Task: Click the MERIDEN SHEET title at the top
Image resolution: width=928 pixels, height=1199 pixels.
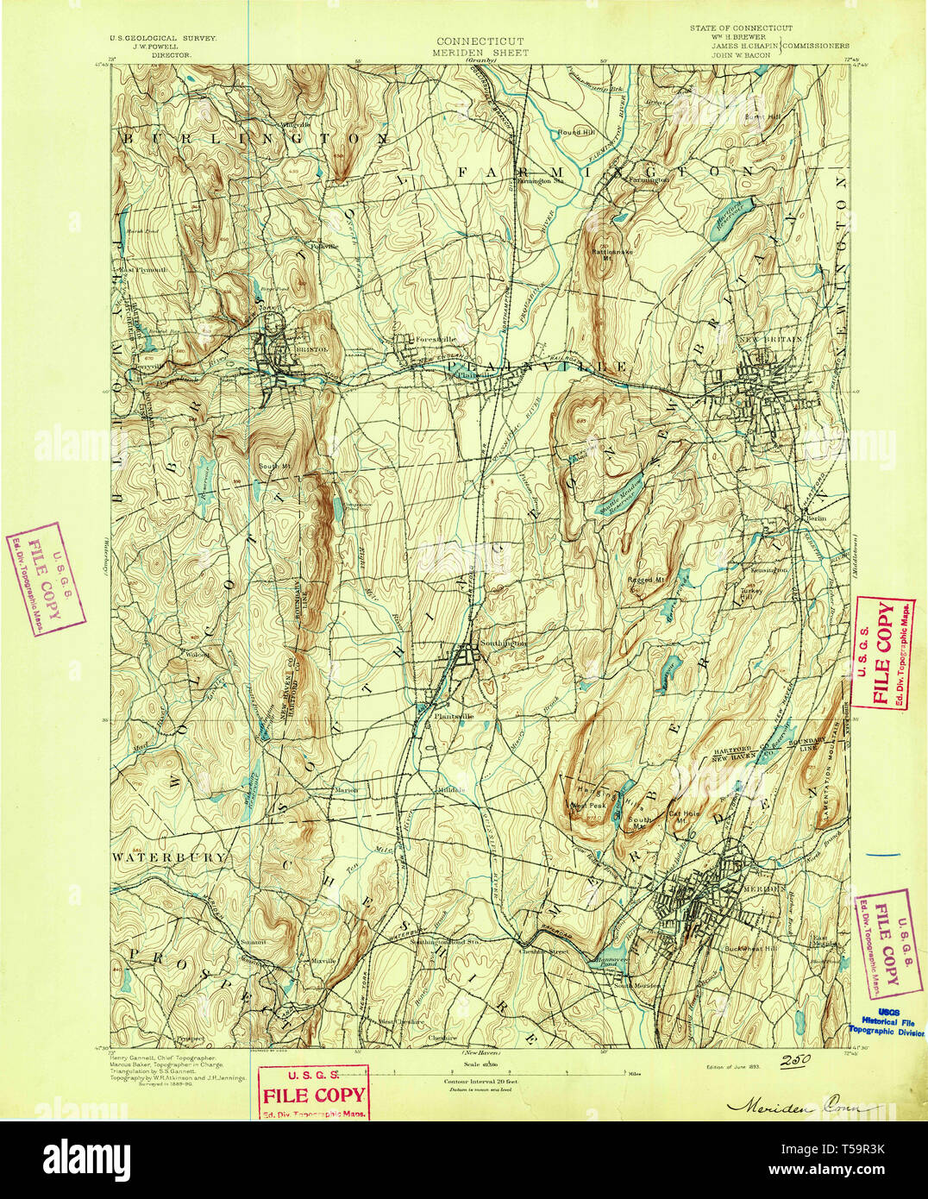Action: point(481,52)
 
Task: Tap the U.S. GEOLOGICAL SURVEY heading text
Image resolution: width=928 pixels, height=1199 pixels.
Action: point(162,39)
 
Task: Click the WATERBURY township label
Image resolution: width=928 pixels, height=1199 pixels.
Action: point(168,857)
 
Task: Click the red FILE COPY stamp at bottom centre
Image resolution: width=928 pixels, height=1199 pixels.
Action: point(314,1093)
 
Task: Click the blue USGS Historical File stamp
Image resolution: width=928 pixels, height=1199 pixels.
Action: point(887,1022)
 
